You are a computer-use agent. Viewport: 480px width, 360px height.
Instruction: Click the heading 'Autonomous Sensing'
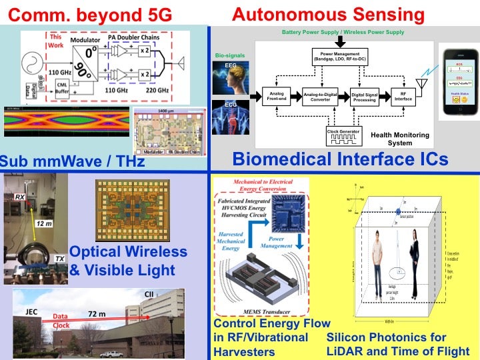tap(327, 13)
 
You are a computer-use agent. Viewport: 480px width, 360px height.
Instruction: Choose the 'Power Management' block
tap(345, 56)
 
